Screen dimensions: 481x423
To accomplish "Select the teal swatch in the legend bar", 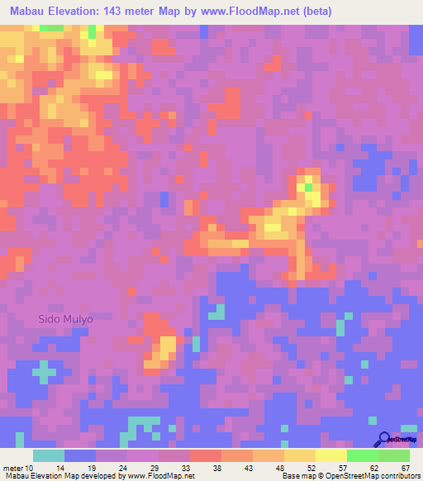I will pyautogui.click(x=49, y=455).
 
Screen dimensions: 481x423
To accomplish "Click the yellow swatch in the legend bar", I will pyautogui.click(x=331, y=455).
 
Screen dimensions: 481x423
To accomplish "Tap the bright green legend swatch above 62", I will pyautogui.click(x=363, y=455).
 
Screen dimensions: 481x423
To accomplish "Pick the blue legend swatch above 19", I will pyautogui.click(x=80, y=455).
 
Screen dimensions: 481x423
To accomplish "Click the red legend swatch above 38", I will pyautogui.click(x=206, y=455).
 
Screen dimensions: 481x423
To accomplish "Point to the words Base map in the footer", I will pyautogui.click(x=297, y=476).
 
